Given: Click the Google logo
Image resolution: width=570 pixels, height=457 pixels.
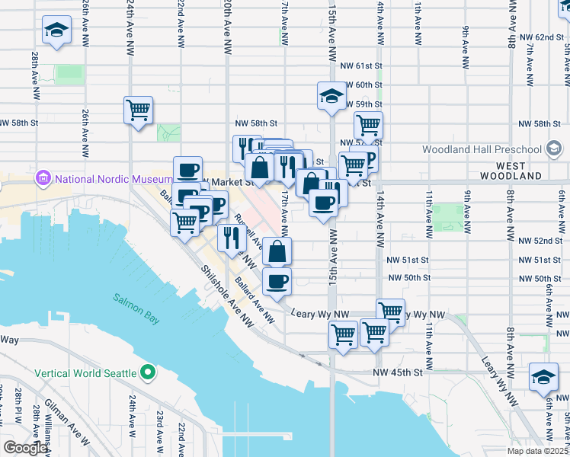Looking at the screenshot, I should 25,448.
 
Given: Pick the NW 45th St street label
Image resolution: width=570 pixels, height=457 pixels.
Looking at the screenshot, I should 398,372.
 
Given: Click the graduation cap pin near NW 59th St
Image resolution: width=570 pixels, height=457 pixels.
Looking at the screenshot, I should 331,96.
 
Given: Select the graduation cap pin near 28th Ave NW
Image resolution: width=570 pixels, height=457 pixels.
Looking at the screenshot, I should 55,31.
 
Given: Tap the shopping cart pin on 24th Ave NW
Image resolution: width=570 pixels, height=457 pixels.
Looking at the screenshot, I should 138,110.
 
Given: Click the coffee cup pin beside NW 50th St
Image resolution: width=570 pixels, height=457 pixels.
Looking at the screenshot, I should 277,281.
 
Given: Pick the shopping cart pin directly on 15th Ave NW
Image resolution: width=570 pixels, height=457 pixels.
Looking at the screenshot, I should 343,334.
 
